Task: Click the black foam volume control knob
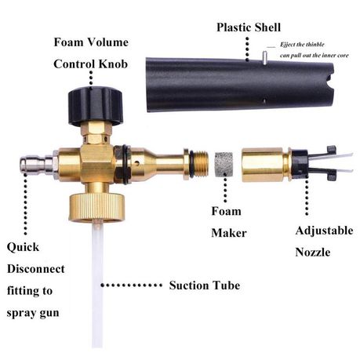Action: (96, 106)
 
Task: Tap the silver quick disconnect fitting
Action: (37, 165)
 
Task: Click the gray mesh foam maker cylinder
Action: (224, 165)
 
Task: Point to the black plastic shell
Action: (239, 85)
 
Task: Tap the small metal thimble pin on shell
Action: (264, 57)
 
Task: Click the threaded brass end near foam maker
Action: (199, 165)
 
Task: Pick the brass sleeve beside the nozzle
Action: (264, 165)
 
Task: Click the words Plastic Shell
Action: (249, 27)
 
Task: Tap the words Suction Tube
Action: (205, 285)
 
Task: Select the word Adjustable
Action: (324, 231)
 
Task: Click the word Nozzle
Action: (313, 253)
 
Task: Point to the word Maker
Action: (229, 233)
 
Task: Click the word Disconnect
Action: (36, 269)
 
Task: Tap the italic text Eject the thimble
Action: (302, 45)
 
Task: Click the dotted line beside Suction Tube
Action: (132, 285)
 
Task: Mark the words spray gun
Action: (33, 313)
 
